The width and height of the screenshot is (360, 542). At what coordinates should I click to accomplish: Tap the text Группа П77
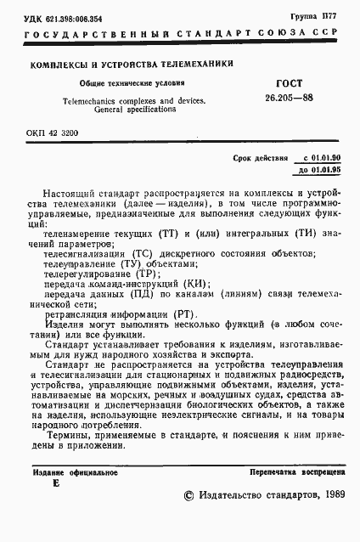coord(323,14)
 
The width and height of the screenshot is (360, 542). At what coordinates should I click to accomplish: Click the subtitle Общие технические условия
coord(120,84)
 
